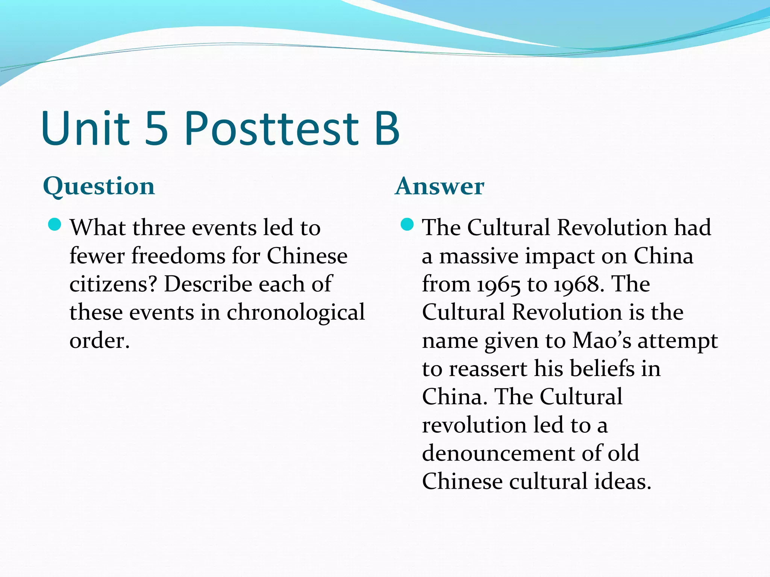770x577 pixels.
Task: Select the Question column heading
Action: [99, 187]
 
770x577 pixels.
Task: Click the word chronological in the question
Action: [296, 313]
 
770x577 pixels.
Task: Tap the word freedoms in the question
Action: [177, 256]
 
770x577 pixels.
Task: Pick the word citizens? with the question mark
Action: [113, 284]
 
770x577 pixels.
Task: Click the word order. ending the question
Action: [100, 341]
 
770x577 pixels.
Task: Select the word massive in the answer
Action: [478, 257]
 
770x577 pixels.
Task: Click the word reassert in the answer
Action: [488, 369]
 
